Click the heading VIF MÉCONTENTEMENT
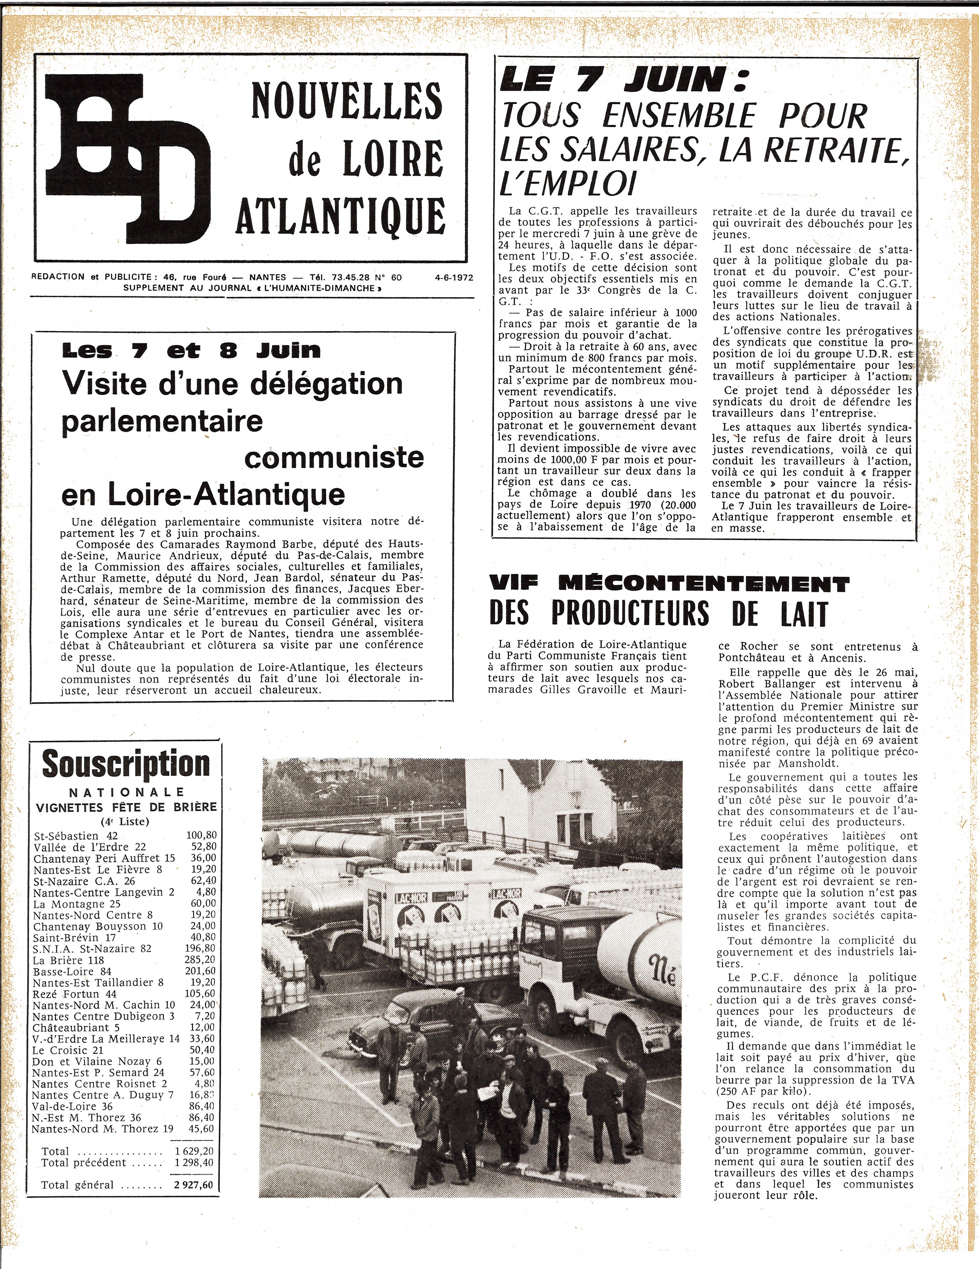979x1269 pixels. (669, 583)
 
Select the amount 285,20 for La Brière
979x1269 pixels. (201, 960)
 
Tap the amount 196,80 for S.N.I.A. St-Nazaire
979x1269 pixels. (201, 949)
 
